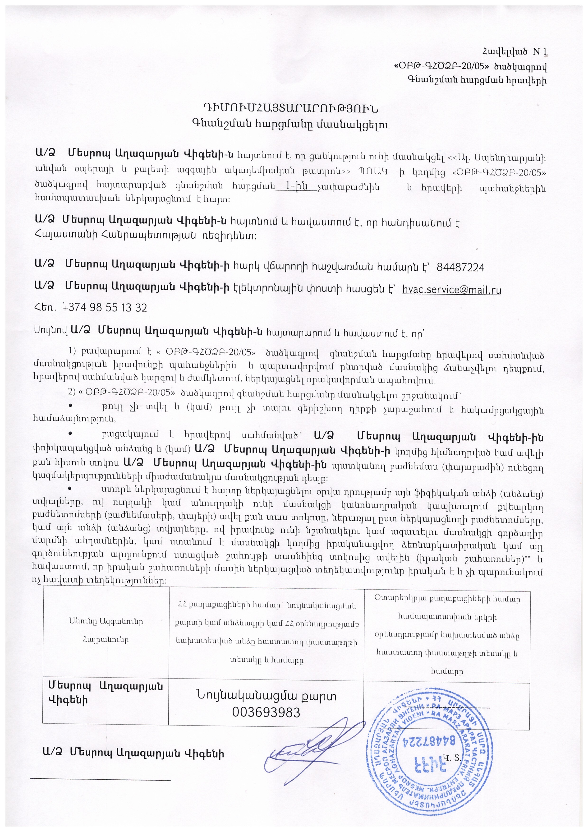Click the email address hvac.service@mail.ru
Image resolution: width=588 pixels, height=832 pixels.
pyautogui.click(x=452, y=290)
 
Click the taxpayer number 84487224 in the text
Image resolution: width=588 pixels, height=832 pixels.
pyautogui.click(x=460, y=268)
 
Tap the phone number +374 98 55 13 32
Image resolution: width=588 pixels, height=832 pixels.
pyautogui.click(x=105, y=308)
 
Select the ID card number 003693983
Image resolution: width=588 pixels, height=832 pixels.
pyautogui.click(x=266, y=712)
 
